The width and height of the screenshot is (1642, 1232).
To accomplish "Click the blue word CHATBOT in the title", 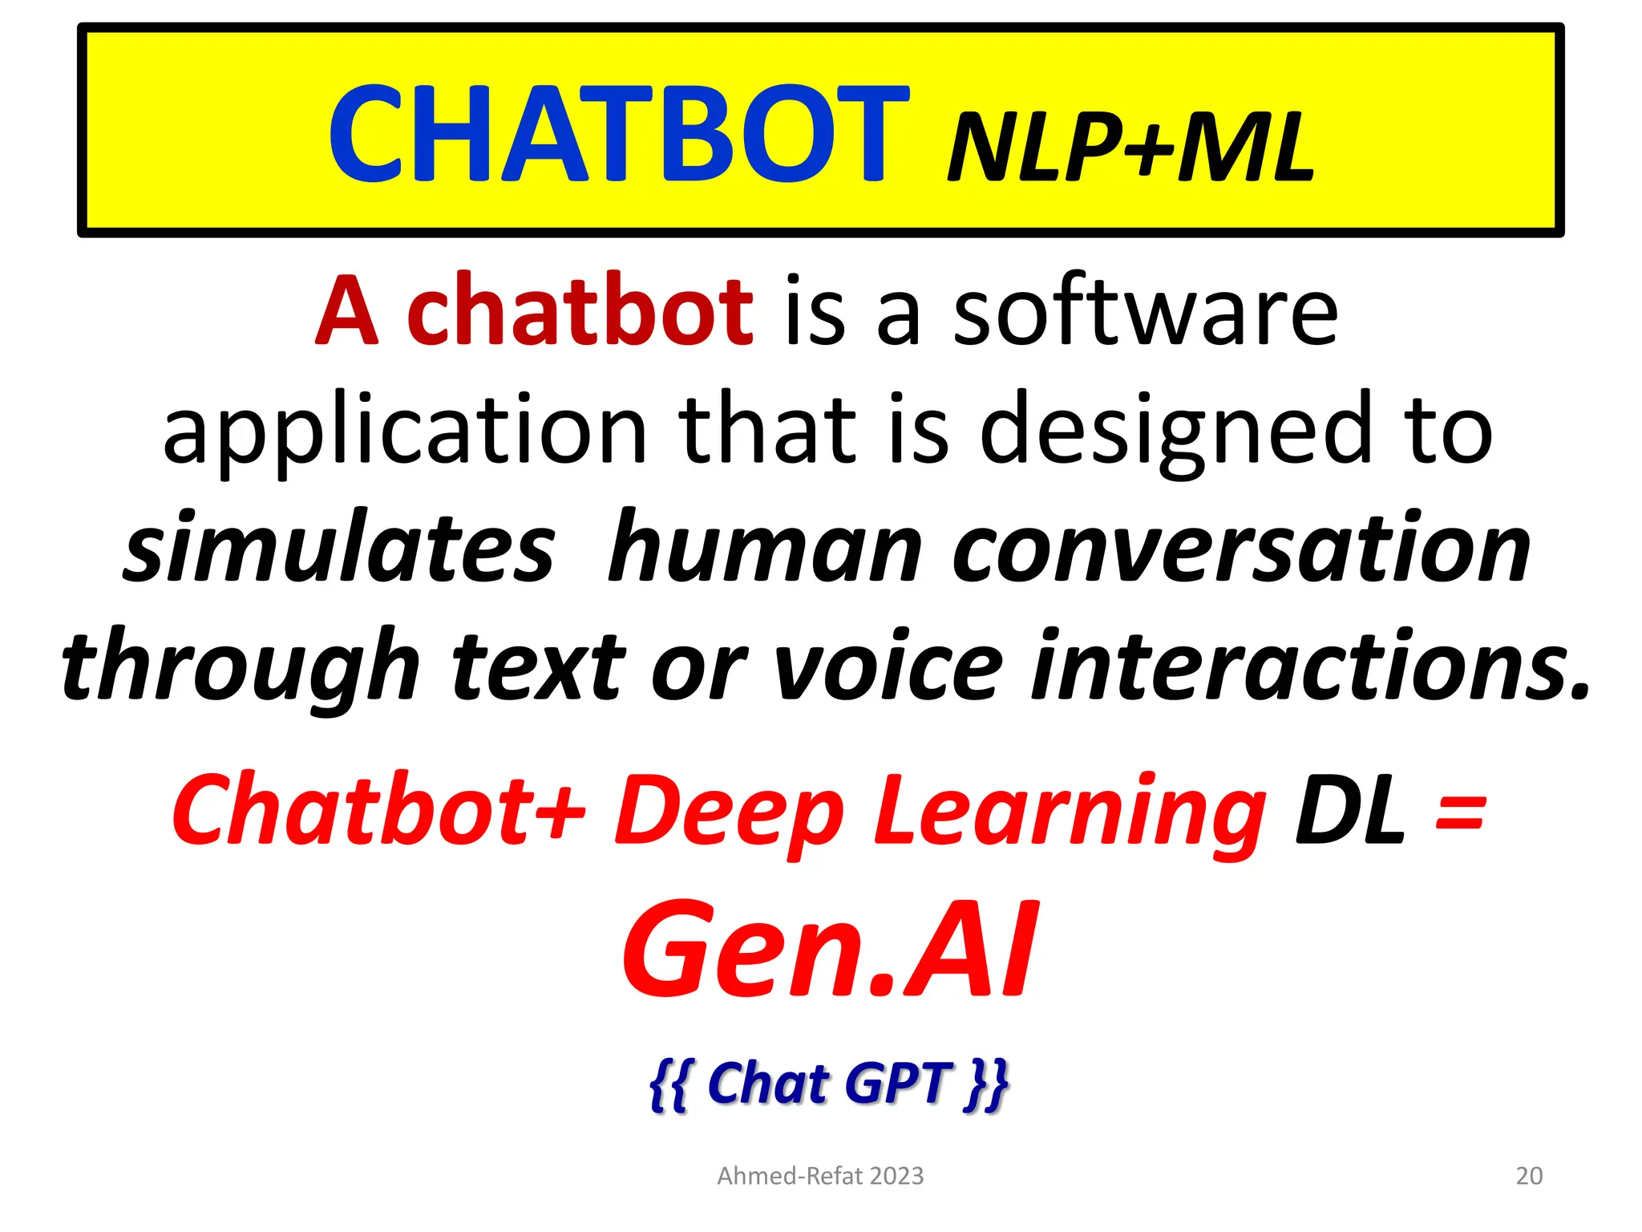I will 617,135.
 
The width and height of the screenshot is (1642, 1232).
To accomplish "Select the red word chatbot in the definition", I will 580,311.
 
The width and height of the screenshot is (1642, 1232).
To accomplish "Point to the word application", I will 405,430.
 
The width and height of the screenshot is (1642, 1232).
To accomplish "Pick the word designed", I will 1175,432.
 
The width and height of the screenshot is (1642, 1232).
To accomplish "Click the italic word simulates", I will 340,549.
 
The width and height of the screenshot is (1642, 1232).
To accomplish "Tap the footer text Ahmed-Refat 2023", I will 820,1176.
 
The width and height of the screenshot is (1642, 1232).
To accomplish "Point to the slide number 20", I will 1529,1176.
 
